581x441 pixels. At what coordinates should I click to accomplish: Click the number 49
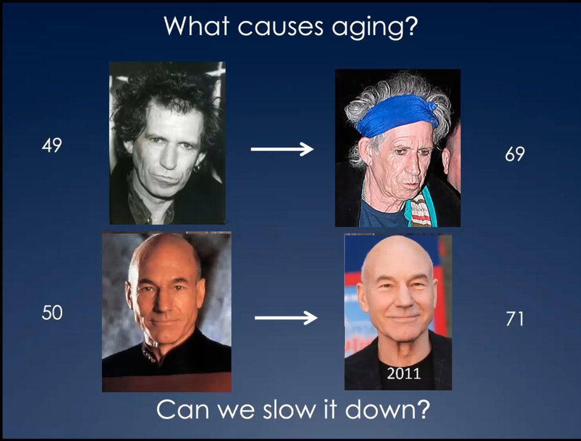52,145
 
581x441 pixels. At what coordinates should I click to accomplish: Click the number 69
514,154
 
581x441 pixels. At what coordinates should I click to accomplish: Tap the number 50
52,313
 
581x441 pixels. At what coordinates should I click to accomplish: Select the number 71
514,319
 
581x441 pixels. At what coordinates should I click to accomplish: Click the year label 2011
403,374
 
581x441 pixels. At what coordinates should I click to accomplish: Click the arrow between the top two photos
282,149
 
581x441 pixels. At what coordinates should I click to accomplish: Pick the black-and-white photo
167,142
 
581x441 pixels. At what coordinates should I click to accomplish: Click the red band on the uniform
166,381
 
